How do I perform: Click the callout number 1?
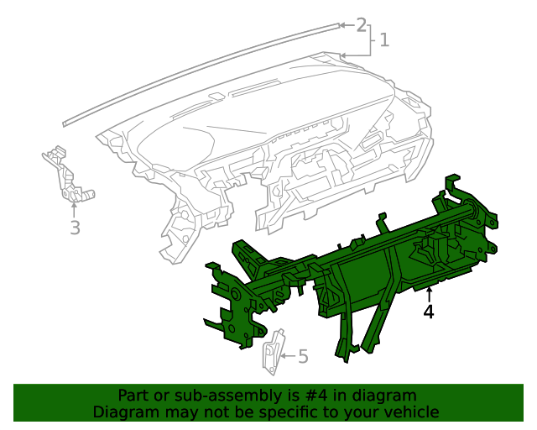pos(384,39)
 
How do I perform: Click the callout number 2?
pos(362,24)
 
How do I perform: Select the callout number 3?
pos(75,228)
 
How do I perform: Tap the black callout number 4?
pos(429,312)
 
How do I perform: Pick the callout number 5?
pos(303,357)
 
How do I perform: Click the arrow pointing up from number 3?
pos(74,208)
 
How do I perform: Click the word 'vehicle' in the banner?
pos(409,412)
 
